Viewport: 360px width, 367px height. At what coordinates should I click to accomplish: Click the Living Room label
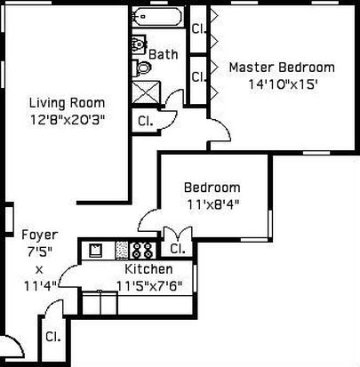pyautogui.click(x=67, y=103)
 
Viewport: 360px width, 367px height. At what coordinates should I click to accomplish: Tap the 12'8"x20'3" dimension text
pyautogui.click(x=68, y=120)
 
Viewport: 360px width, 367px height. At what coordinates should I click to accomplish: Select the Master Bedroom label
pyautogui.click(x=282, y=68)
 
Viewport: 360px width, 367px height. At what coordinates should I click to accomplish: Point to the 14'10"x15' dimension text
pyautogui.click(x=283, y=84)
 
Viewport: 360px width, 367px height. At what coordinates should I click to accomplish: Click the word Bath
pyautogui.click(x=164, y=54)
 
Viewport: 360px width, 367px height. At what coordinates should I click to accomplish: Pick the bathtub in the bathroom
pyautogui.click(x=157, y=16)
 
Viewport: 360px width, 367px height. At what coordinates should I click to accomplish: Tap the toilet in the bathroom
pyautogui.click(x=144, y=68)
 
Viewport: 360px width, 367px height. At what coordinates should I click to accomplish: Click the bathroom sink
pyautogui.click(x=140, y=44)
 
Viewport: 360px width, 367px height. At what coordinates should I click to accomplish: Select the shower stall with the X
pyautogui.click(x=146, y=92)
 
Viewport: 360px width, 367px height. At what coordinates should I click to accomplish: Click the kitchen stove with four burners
pyautogui.click(x=142, y=251)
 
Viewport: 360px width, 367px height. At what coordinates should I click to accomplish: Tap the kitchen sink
pyautogui.click(x=96, y=251)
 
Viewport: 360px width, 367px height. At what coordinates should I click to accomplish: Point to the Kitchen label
pyautogui.click(x=148, y=269)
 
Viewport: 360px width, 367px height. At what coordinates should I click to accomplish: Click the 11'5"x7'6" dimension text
pyautogui.click(x=149, y=286)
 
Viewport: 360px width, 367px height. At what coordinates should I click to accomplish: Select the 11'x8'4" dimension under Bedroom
pyautogui.click(x=212, y=204)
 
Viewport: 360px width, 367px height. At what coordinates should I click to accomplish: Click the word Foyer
pyautogui.click(x=40, y=235)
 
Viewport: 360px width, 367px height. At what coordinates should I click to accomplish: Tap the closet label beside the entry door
pyautogui.click(x=53, y=337)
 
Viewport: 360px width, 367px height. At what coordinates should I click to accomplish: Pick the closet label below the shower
pyautogui.click(x=146, y=121)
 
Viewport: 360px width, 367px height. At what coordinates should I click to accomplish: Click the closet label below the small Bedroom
pyautogui.click(x=178, y=249)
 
